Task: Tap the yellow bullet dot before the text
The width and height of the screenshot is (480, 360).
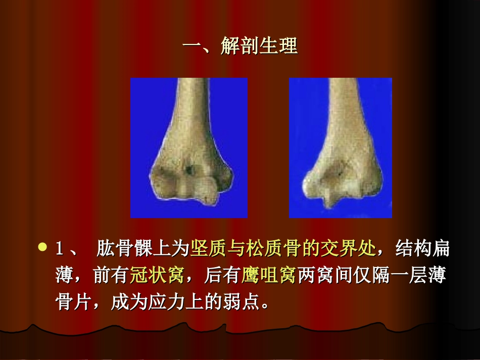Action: coord(42,247)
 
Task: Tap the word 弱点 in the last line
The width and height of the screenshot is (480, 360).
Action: coord(247,303)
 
